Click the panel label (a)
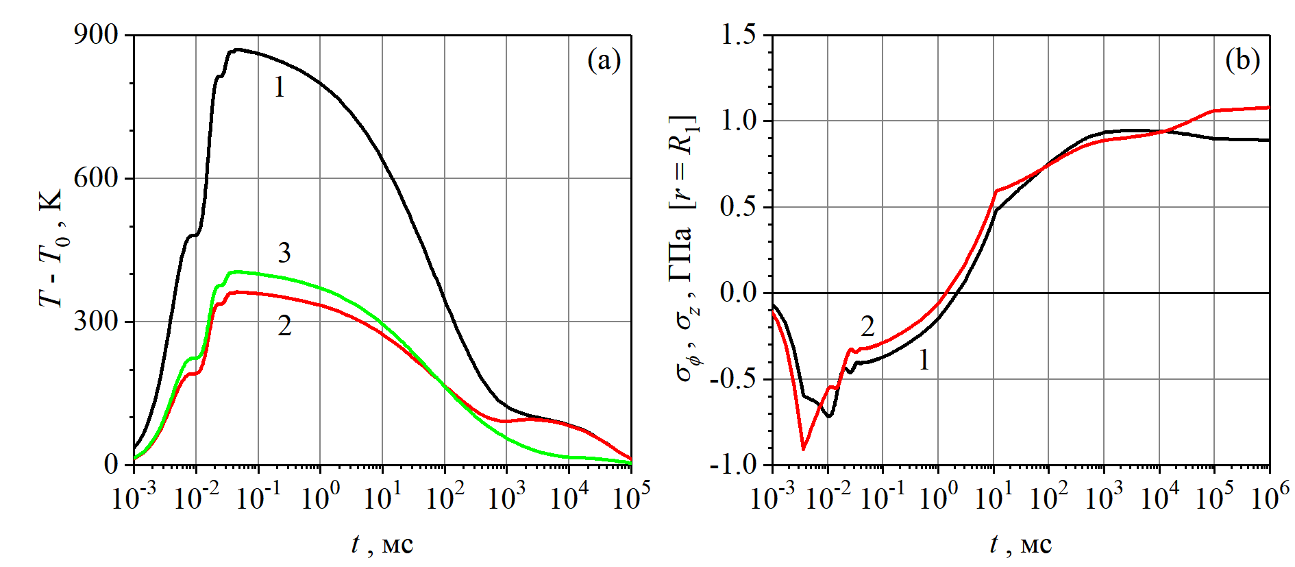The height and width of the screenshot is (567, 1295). pos(604,60)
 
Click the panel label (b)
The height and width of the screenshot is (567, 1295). pos(1242,60)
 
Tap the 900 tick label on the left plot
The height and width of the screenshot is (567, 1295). pos(96,34)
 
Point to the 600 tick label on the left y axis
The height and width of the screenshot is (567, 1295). pos(96,178)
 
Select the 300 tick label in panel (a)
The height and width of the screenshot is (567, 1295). pos(96,322)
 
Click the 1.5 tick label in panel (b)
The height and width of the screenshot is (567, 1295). pos(738,34)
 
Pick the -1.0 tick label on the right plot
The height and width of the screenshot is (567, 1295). pos(732,465)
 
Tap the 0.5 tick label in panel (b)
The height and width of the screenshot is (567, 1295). pos(738,207)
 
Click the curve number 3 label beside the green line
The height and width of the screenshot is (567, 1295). pos(284,253)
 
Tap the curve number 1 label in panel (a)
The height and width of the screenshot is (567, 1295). pos(279,87)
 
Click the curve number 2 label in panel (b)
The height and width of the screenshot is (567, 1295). pos(867,326)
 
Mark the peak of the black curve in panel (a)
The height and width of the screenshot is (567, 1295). pos(236,49)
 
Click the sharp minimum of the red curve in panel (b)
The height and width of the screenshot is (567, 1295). pos(803,449)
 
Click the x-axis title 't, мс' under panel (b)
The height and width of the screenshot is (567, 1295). pos(1020,545)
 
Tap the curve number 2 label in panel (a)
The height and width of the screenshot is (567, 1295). pos(284,326)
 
